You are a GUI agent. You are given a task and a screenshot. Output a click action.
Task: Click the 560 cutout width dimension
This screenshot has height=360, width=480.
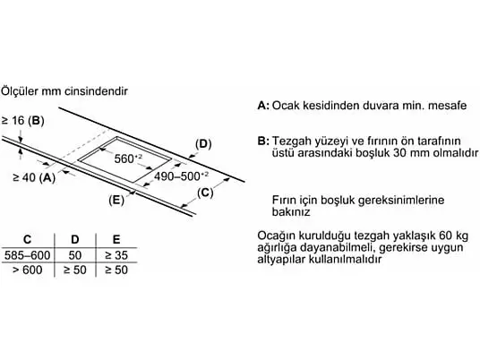[128, 159]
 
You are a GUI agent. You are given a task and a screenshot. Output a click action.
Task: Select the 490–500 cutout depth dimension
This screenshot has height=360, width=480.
[181, 176]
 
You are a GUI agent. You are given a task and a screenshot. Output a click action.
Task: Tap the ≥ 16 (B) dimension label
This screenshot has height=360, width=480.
[22, 121]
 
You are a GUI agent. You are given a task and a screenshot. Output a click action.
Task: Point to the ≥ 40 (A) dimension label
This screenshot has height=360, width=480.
[34, 177]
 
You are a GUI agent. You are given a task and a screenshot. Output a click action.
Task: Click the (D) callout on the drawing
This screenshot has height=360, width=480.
[203, 144]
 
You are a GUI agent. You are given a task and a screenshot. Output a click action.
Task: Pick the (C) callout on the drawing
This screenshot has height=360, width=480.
[205, 193]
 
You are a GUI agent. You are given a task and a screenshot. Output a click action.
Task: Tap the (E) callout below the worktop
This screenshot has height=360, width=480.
[116, 201]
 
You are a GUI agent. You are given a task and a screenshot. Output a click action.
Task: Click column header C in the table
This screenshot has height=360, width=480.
[27, 239]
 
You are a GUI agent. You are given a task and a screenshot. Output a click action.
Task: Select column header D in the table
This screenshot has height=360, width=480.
[75, 239]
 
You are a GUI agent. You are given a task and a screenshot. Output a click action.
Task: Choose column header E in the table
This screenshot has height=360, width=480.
[116, 239]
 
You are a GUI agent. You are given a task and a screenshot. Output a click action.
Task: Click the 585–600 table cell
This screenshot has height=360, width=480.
[27, 255]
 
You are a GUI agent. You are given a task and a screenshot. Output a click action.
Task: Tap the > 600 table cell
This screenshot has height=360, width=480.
[27, 270]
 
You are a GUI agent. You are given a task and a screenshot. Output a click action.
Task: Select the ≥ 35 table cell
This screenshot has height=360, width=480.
[116, 255]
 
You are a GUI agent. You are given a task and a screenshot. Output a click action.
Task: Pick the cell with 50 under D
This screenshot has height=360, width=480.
[75, 255]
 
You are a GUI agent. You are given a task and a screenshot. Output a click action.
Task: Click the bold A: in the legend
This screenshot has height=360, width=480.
[263, 106]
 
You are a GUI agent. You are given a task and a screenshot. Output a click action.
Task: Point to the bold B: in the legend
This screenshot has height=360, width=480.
[263, 141]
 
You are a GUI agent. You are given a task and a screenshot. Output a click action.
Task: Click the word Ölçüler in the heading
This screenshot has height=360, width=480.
[20, 91]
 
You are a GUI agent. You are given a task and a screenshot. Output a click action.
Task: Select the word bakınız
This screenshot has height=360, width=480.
[291, 211]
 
